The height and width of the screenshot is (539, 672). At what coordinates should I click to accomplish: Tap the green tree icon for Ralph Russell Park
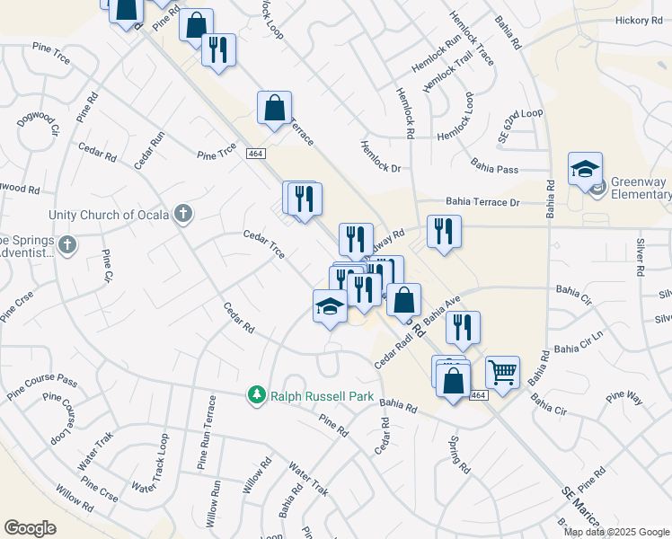pyautogui.click(x=256, y=394)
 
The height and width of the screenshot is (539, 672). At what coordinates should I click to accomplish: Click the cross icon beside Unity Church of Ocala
pyautogui.click(x=183, y=214)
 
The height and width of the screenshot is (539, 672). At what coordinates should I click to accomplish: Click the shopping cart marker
pyautogui.click(x=502, y=371)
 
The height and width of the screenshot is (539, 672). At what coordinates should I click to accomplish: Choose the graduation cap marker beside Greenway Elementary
pyautogui.click(x=585, y=168)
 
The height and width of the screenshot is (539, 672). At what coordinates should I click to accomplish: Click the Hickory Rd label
pyautogui.click(x=639, y=20)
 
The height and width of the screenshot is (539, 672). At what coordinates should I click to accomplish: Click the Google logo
pyautogui.click(x=30, y=527)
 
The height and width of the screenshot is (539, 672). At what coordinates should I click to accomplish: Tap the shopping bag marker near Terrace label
pyautogui.click(x=274, y=108)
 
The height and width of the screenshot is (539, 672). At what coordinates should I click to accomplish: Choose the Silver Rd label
pyautogui.click(x=640, y=257)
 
